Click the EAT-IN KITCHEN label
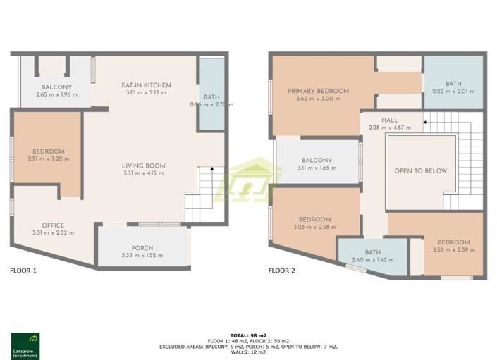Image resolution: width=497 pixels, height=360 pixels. point(148,85)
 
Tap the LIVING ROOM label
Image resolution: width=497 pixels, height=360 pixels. point(144,166)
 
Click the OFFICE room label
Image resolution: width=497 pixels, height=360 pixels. point(53,225)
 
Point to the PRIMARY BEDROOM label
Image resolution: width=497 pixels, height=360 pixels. point(318,91)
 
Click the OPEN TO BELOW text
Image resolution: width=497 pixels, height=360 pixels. point(420,171)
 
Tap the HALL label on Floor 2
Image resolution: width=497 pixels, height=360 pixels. point(390,120)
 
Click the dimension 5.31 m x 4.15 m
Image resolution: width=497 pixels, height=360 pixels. point(144,173)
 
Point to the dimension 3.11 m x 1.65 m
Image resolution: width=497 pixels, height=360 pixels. point(317,168)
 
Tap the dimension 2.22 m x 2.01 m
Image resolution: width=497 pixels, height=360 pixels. point(453,92)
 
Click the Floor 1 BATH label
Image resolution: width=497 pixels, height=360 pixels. point(211,97)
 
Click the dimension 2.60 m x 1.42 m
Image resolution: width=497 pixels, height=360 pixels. point(373,260)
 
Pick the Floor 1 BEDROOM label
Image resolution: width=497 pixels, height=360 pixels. point(49,151)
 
